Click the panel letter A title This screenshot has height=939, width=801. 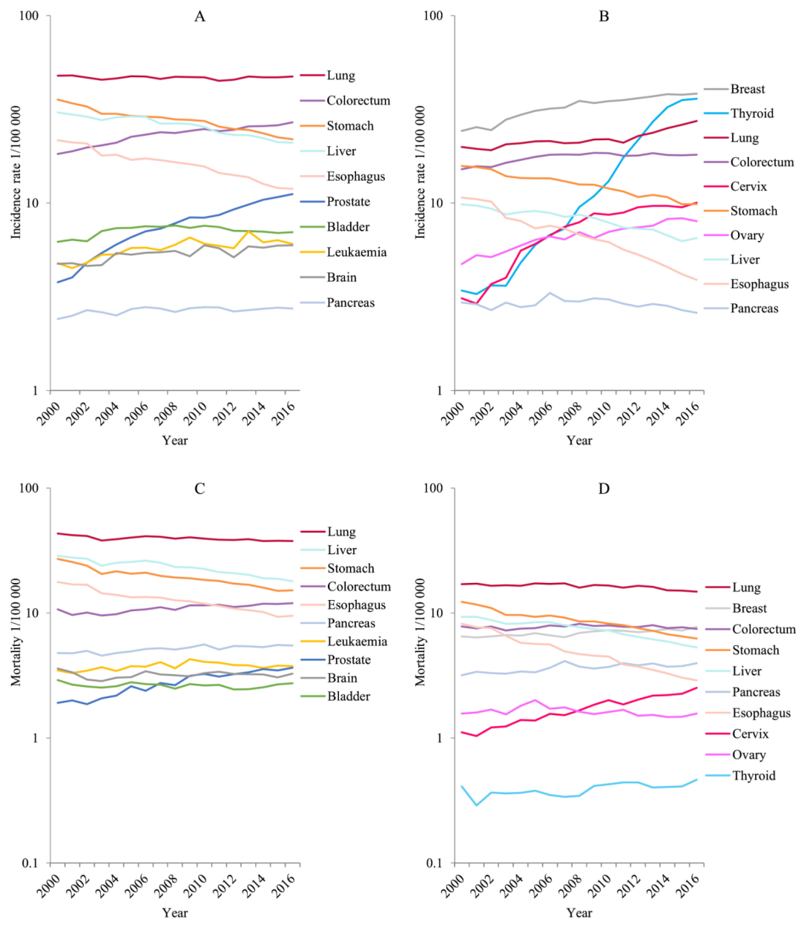tap(200, 16)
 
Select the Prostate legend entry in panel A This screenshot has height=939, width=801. tap(348, 202)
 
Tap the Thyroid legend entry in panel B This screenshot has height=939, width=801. tap(751, 113)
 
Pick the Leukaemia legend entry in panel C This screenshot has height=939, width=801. tap(357, 642)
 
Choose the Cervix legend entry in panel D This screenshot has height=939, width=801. tap(750, 734)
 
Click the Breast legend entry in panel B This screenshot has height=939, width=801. tap(747, 89)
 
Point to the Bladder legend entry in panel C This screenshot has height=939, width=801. tap(349, 696)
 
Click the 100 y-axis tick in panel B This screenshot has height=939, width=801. tap(434, 16)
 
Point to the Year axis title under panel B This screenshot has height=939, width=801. tap(579, 441)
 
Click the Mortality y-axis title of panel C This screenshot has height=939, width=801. tap(16, 632)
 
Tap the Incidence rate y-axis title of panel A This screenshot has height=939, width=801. tap(16, 172)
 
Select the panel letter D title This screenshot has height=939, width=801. tap(604, 489)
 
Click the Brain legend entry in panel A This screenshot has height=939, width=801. tap(341, 277)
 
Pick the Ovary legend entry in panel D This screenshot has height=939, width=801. tap(748, 755)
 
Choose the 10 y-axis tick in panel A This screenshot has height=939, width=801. tap(33, 203)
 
